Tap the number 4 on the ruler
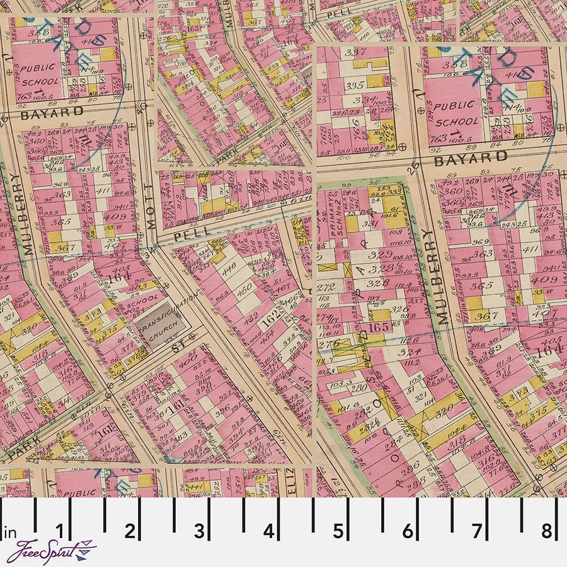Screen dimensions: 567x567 click(x=269, y=530)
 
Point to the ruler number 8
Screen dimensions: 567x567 click(x=546, y=530)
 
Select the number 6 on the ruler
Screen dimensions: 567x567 click(x=408, y=530)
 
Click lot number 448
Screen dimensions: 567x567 click(x=228, y=265)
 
